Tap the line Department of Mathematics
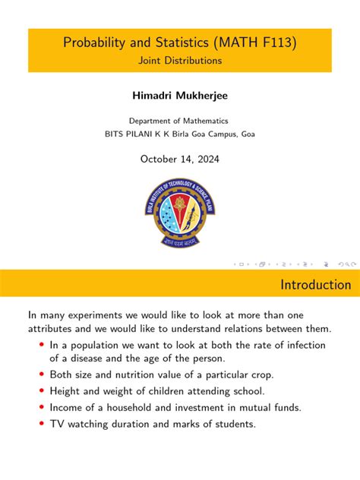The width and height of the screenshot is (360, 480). [179, 121]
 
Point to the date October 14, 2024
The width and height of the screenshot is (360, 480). [179, 158]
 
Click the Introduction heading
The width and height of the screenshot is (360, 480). [316, 286]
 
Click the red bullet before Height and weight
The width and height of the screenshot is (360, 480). [41, 391]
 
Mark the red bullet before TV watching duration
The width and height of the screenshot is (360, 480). [41, 423]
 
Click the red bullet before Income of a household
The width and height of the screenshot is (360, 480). [41, 407]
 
